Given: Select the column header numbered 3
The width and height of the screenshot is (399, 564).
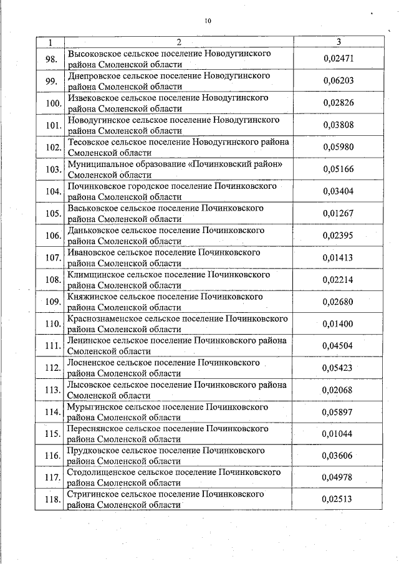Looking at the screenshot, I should tap(338, 42).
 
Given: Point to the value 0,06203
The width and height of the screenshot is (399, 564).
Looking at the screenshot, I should tap(338, 81).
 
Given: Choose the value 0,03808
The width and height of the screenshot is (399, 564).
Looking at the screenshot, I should tap(338, 125).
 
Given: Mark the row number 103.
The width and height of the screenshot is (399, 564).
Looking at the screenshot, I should tap(53, 169).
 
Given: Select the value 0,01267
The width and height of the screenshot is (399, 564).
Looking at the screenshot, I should tap(338, 213).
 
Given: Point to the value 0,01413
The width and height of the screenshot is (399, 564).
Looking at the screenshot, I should tap(338, 257).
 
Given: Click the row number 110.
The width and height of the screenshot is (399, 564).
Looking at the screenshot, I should tap(53, 323).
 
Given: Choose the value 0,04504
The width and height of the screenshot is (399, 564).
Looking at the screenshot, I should tap(338, 345).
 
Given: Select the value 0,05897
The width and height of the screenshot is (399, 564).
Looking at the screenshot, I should tap(338, 411).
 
